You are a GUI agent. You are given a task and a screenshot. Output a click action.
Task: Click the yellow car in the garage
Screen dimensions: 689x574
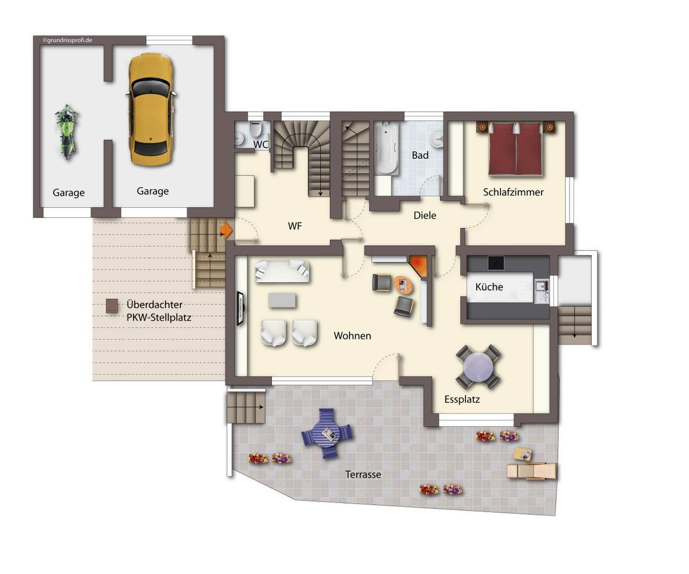click(x=151, y=110)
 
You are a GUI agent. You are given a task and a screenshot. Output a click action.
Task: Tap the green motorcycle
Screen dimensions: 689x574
click(x=67, y=132)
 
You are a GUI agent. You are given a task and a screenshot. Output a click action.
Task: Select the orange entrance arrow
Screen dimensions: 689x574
click(x=227, y=230)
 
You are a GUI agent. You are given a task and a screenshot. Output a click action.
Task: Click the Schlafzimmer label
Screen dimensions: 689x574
click(x=513, y=192)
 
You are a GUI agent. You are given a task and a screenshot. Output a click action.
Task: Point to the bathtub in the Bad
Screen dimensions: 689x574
click(x=386, y=148)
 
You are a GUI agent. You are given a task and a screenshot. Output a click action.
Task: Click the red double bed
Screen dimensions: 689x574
click(x=515, y=148)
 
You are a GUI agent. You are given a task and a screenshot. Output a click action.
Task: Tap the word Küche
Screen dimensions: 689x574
click(x=489, y=287)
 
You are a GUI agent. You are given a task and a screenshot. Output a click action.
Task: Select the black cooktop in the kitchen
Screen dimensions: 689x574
click(x=496, y=263)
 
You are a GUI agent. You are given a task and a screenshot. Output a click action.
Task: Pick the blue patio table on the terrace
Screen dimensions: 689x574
click(x=327, y=434)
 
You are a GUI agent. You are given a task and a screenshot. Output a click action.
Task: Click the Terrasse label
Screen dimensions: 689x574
click(x=363, y=474)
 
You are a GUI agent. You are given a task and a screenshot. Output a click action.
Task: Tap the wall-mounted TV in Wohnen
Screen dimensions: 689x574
click(x=241, y=308)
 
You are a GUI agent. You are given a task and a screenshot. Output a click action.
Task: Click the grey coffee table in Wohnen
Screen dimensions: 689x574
click(x=282, y=301)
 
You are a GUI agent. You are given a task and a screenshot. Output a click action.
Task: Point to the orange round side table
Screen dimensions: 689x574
click(x=403, y=285)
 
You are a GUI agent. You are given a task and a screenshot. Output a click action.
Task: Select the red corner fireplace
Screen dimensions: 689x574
click(x=419, y=265)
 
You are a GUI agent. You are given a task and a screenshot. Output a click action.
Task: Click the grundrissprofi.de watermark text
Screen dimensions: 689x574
click(x=67, y=40)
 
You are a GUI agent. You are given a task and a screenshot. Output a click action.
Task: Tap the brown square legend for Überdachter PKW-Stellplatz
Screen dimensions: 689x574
click(x=112, y=306)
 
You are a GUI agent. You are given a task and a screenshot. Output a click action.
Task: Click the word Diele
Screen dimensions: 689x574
click(x=425, y=215)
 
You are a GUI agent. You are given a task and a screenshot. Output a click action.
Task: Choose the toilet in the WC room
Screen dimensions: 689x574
click(x=255, y=129)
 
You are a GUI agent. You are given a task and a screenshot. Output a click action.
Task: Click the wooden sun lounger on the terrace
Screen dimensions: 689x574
click(x=532, y=471)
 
